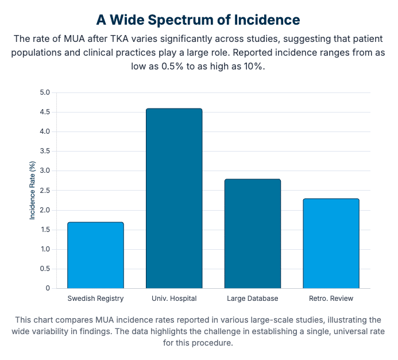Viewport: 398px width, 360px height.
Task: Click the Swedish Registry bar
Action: point(95,255)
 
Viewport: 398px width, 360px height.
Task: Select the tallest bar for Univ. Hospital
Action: point(174,198)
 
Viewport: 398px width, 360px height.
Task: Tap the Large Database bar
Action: point(253,233)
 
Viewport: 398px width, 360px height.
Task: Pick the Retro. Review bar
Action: point(331,243)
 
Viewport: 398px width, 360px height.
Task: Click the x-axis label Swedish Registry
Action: point(95,299)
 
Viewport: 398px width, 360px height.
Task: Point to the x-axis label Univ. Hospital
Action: point(174,299)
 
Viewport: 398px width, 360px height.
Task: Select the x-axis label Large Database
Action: point(253,299)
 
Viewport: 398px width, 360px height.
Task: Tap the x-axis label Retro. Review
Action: point(331,299)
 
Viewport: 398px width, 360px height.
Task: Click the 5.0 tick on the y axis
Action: point(45,92)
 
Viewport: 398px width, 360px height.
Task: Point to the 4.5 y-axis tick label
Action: point(45,112)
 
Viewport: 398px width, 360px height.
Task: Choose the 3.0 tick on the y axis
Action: point(45,171)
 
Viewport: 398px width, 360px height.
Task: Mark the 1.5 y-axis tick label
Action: point(45,230)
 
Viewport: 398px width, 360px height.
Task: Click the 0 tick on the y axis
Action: point(48,288)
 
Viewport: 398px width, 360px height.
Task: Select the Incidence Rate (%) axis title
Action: point(33,190)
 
